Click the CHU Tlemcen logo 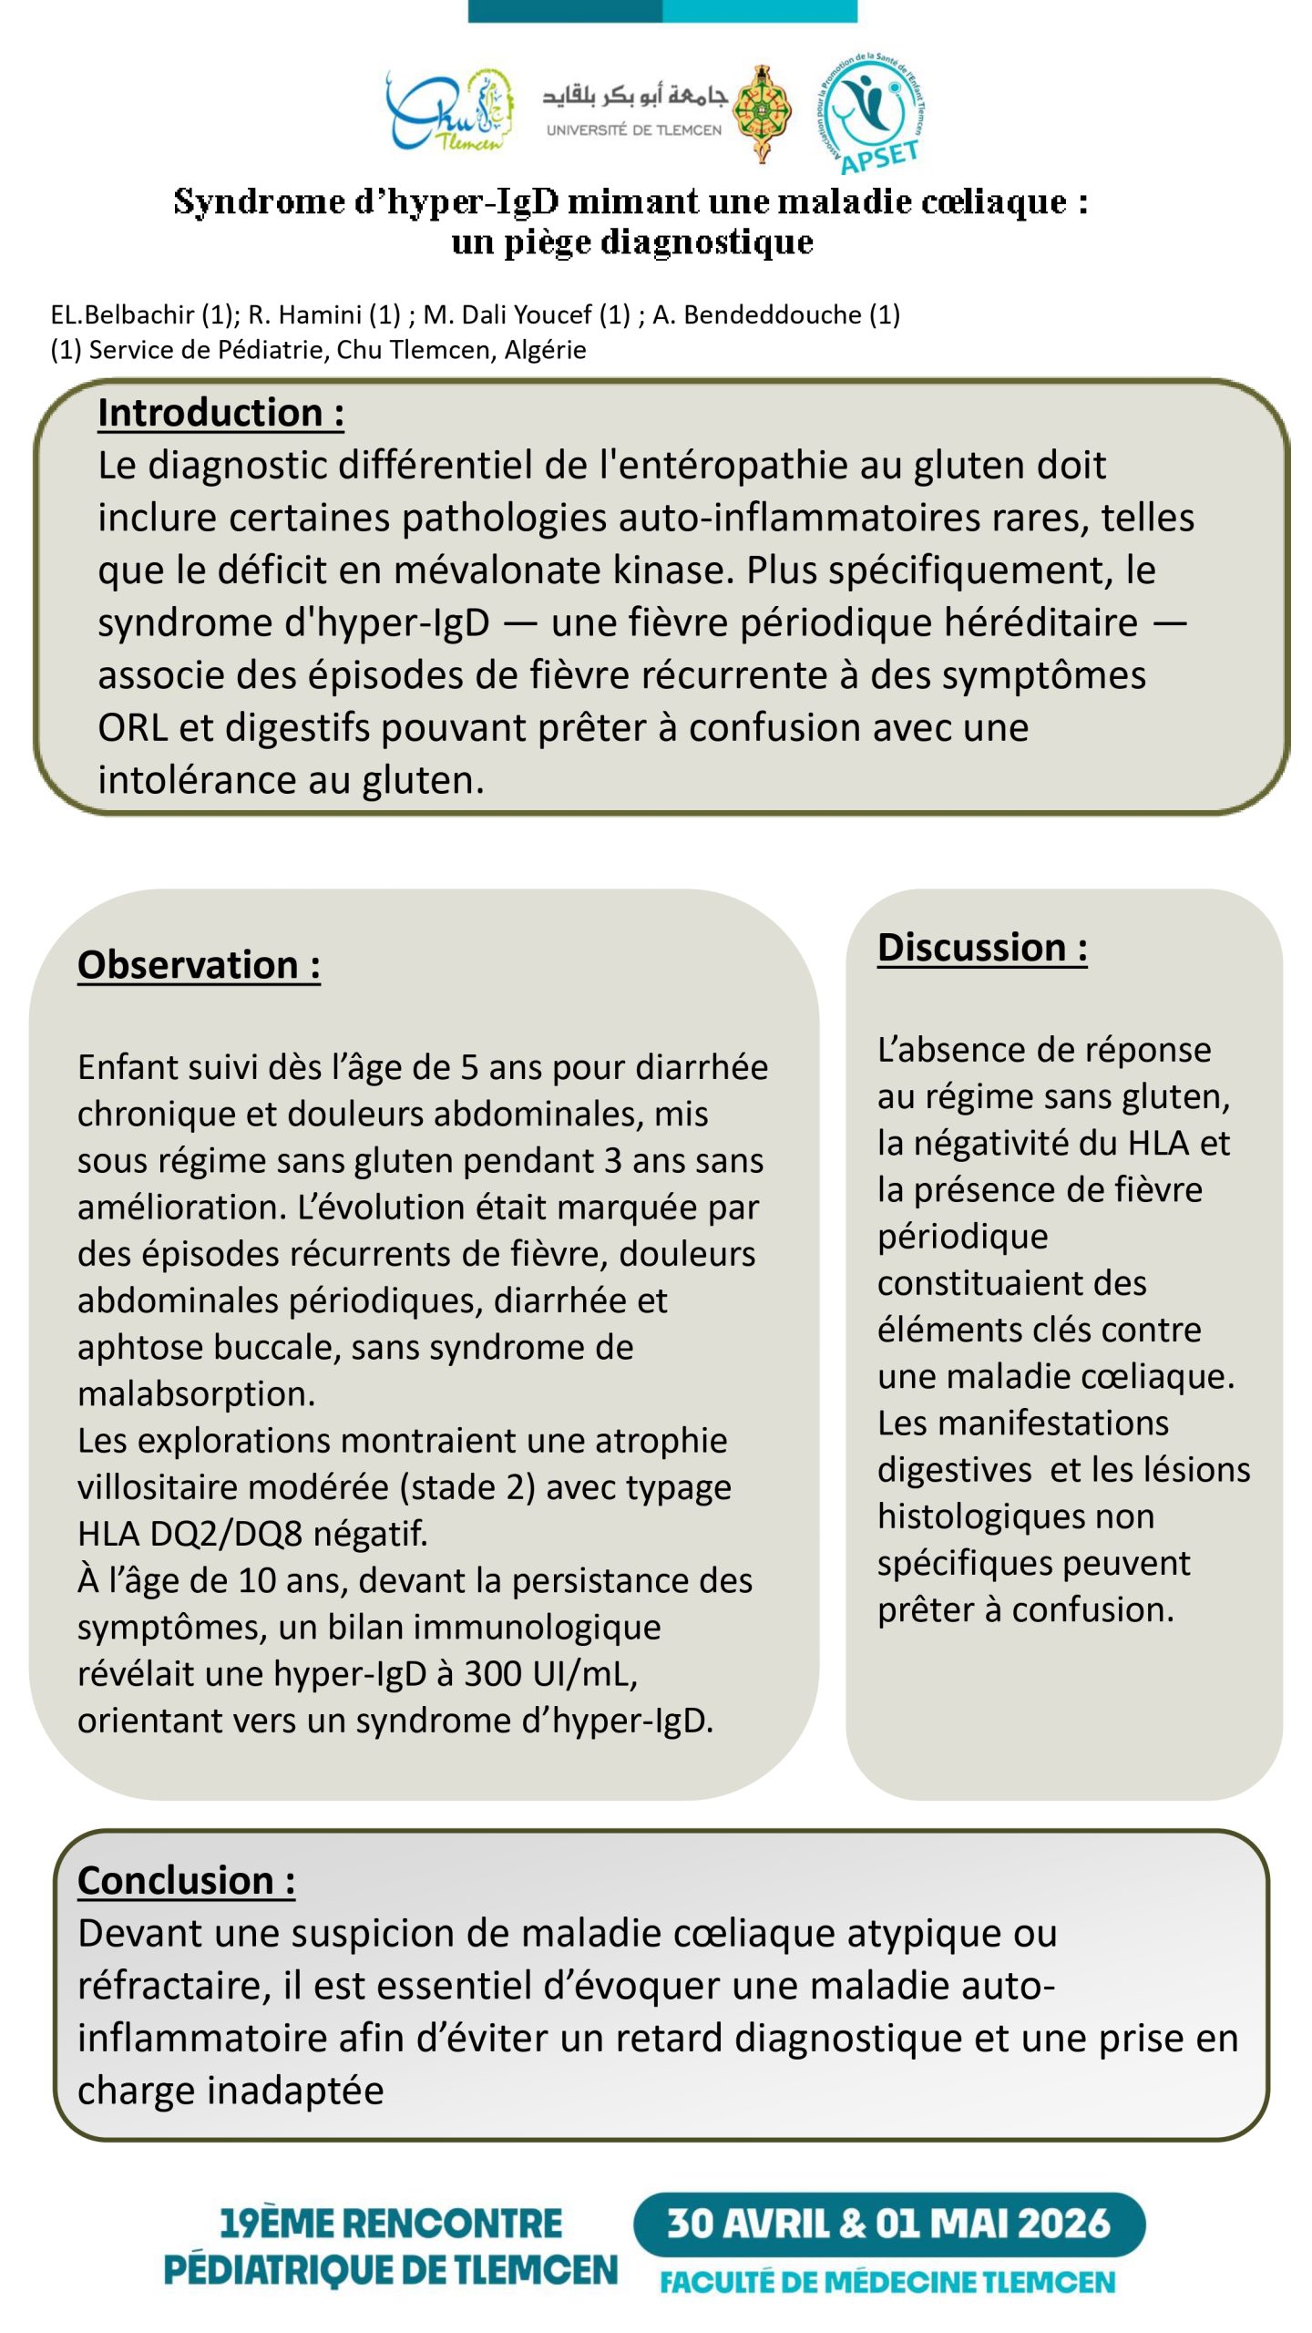tap(448, 112)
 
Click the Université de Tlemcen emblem tap(763, 112)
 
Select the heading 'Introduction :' tap(220, 413)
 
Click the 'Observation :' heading tap(199, 965)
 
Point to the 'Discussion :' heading tap(982, 948)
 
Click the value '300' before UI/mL tap(492, 1674)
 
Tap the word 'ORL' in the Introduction tap(131, 728)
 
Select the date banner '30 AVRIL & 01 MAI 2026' tap(888, 2225)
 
